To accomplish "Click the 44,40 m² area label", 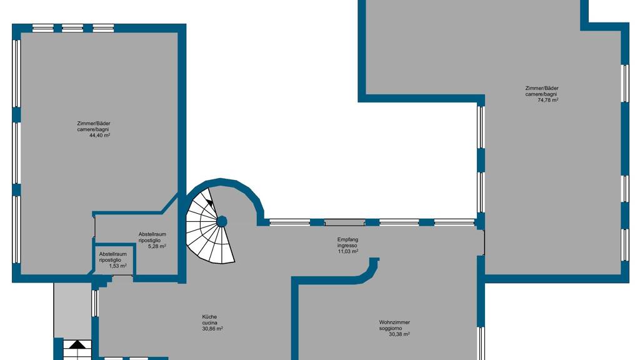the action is point(99,135).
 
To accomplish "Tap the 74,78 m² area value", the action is point(548,99).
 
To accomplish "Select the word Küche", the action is point(209,317).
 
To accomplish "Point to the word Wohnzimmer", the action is point(394,322).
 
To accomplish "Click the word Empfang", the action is point(347,239).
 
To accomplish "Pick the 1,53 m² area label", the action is point(117,266).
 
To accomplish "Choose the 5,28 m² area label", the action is point(157,246).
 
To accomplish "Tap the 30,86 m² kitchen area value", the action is point(212,329).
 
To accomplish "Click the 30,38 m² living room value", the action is point(399,334).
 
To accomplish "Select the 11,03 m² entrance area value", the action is point(347,251).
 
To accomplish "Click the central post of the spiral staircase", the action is point(222,222).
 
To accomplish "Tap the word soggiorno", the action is point(391,328).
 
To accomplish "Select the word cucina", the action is point(209,323).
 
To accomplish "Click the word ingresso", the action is point(347,246).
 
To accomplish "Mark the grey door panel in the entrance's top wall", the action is point(344,222).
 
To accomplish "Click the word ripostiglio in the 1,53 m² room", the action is point(110,260).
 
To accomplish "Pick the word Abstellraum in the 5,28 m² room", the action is point(152,234).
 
